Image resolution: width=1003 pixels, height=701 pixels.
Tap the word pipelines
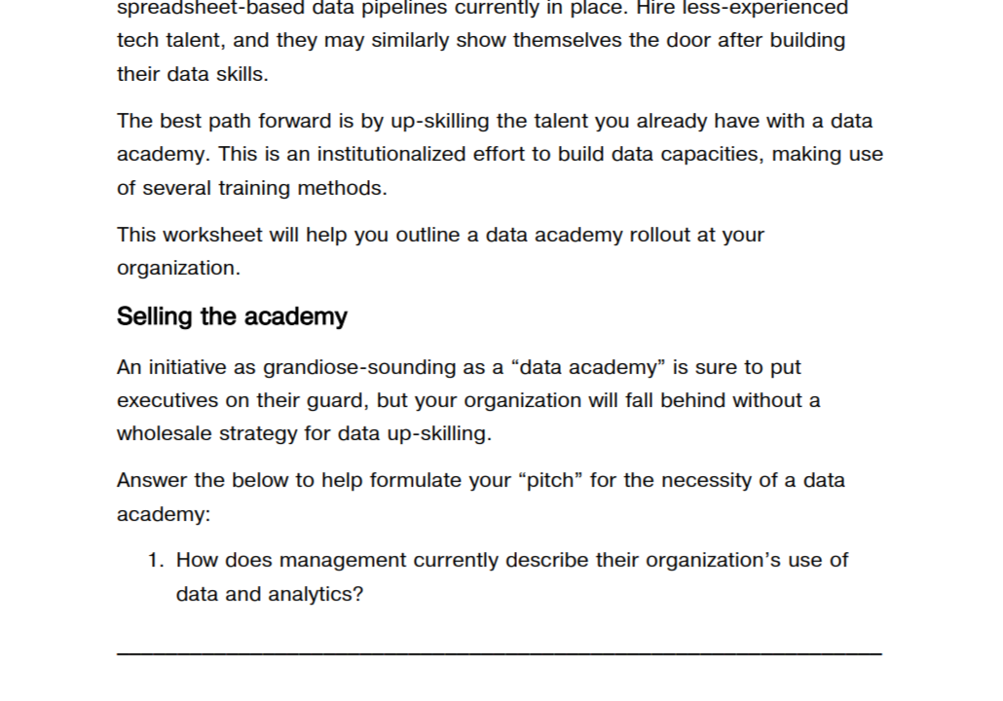(x=380, y=8)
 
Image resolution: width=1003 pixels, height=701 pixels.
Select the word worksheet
(x=208, y=235)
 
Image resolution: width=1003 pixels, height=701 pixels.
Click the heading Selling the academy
(x=232, y=316)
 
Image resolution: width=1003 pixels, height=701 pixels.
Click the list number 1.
(x=155, y=560)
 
